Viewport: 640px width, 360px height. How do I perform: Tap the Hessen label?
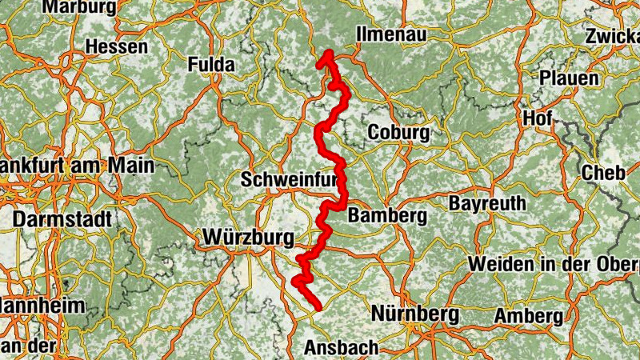(x=116, y=46)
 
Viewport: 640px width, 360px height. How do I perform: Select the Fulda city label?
(x=211, y=65)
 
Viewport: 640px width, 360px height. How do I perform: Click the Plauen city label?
(x=569, y=78)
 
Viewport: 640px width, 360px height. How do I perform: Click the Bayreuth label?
(x=484, y=203)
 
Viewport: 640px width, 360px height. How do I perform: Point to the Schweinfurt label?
(x=290, y=181)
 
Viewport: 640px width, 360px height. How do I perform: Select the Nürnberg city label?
(x=414, y=312)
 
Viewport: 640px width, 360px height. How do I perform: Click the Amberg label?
(x=528, y=316)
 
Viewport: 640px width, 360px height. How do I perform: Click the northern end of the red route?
(x=327, y=54)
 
